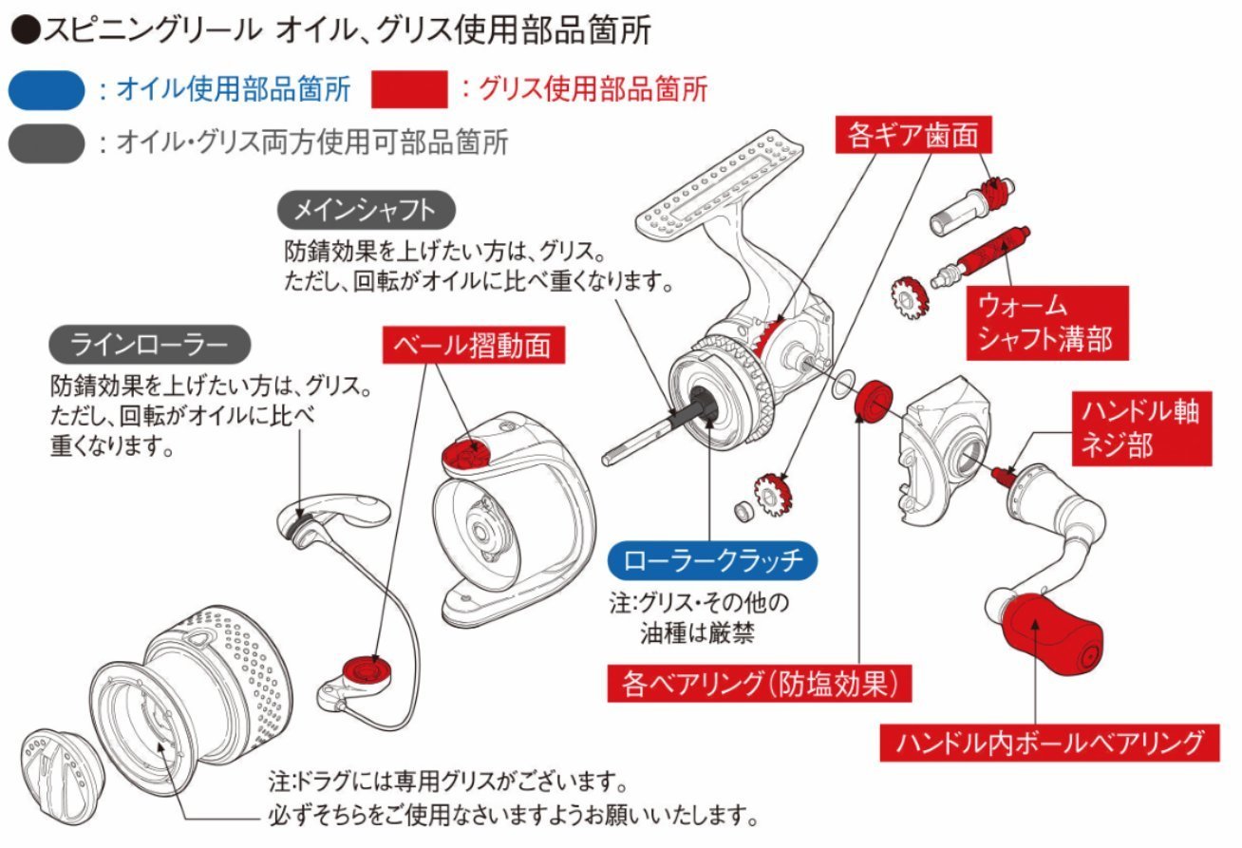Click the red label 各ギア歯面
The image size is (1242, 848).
click(913, 137)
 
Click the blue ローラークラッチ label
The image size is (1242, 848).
click(712, 560)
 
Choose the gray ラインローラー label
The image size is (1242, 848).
click(150, 344)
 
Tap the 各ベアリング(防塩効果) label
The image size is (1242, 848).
click(760, 682)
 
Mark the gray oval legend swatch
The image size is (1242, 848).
click(47, 143)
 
